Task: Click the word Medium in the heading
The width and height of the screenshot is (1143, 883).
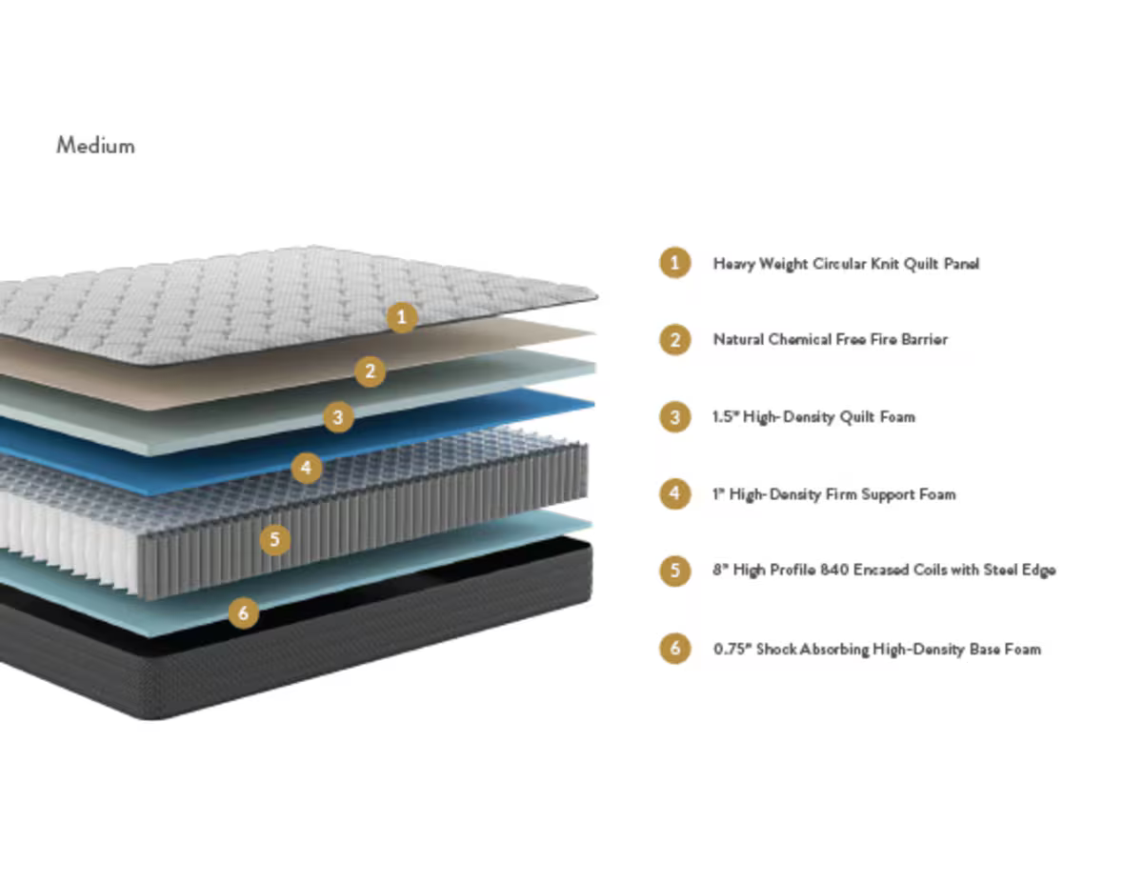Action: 95,146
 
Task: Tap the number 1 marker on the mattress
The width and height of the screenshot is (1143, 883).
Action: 402,317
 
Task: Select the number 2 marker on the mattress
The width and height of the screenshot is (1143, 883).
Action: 371,371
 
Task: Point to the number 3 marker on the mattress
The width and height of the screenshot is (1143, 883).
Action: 338,416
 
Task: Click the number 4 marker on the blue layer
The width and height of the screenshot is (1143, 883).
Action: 306,467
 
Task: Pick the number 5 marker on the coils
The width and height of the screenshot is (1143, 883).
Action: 275,540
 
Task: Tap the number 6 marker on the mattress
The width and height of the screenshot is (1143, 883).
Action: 244,612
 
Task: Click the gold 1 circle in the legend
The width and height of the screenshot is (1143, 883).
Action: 675,262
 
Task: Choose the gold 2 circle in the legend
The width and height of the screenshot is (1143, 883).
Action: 675,339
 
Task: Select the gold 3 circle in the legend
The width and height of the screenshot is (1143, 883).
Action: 675,416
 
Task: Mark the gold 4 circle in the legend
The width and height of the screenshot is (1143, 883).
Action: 675,493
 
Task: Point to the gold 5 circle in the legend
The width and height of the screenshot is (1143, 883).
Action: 675,571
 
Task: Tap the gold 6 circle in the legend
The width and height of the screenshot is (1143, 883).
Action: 675,649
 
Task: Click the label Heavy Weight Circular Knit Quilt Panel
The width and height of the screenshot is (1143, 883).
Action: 846,263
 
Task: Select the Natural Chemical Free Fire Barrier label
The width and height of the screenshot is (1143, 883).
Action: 830,339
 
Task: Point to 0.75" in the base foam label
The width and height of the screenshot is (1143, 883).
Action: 732,649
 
